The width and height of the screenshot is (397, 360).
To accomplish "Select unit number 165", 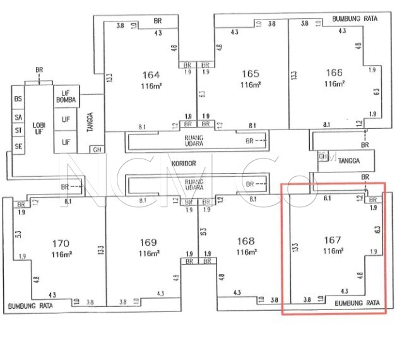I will pos(251,73).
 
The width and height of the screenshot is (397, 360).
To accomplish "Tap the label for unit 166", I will pos(334,73).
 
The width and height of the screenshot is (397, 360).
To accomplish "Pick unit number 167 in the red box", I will pos(332,240).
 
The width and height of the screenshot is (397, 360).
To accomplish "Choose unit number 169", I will pos(148,241).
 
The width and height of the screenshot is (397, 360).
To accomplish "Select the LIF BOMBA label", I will pos(66,97).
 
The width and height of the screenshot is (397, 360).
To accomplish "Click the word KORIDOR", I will pos(184,164).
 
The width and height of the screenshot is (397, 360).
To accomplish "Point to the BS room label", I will pos(18,99).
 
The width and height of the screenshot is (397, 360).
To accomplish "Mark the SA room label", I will pos(18,117).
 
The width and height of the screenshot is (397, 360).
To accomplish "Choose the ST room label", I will pos(18,131).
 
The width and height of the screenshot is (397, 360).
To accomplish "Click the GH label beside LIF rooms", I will pos(97,150).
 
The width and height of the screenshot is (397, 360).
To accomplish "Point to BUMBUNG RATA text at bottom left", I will pos(31,308).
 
